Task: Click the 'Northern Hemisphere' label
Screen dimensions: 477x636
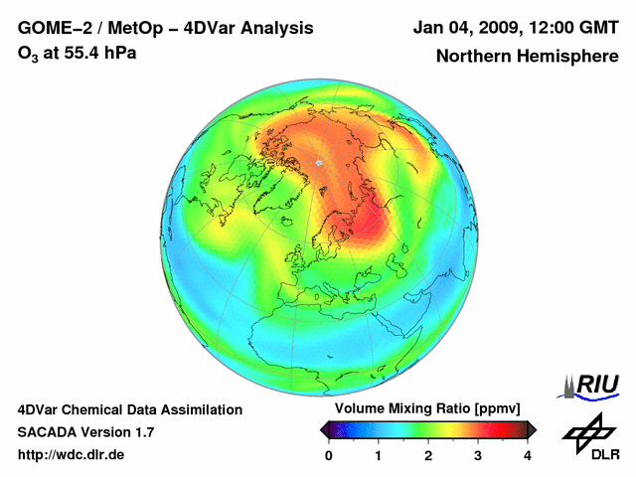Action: pyautogui.click(x=527, y=57)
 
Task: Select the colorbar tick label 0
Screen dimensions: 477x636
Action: pyautogui.click(x=329, y=455)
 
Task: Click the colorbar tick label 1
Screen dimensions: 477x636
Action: pyautogui.click(x=379, y=455)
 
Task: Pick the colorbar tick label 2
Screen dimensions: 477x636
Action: pyautogui.click(x=428, y=455)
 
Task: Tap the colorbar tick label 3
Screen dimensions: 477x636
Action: pyautogui.click(x=478, y=455)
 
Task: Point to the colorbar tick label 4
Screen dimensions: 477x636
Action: pyautogui.click(x=528, y=455)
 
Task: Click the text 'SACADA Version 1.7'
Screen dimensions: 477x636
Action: pyautogui.click(x=85, y=432)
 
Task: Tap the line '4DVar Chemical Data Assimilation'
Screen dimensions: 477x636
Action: pyautogui.click(x=130, y=409)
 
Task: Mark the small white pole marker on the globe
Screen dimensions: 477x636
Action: pyautogui.click(x=318, y=162)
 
